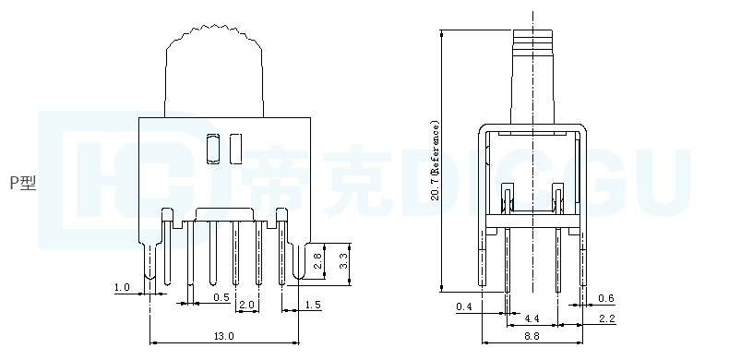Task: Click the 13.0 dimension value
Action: (x=223, y=336)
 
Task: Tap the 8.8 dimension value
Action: (x=532, y=336)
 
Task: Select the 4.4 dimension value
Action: (x=532, y=318)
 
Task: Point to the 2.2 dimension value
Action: (x=606, y=318)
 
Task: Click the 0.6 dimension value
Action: (x=605, y=298)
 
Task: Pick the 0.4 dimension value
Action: (x=463, y=306)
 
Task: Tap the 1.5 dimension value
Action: (x=313, y=305)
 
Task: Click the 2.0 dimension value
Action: (x=246, y=305)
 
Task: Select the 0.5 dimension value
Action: (x=221, y=297)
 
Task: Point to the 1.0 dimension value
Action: (x=122, y=287)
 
